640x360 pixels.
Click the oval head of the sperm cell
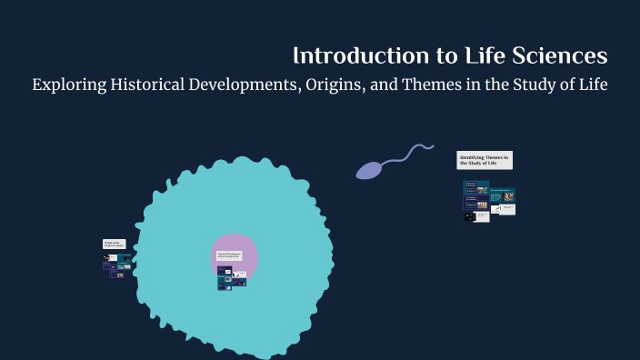tap(370, 169)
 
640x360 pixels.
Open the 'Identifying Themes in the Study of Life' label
tap(485, 160)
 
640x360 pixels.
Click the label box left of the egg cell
tap(114, 244)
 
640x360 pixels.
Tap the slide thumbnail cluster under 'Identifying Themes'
tap(488, 200)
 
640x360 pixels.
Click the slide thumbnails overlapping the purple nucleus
tap(231, 279)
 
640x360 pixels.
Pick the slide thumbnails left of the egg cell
tap(116, 265)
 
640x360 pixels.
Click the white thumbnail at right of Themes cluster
tap(507, 209)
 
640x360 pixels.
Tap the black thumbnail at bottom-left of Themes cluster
tap(470, 216)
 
